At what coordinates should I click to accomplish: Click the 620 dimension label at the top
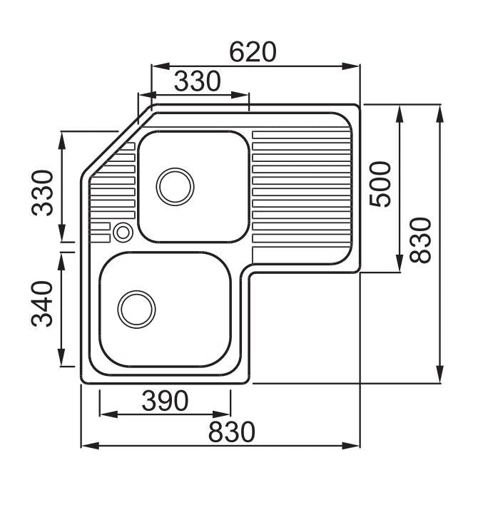tap(253, 52)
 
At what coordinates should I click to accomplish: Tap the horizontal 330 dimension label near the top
tap(197, 81)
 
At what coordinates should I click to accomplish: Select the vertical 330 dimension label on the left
tap(43, 193)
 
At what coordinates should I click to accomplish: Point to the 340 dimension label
tap(42, 303)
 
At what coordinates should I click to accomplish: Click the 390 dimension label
tap(165, 401)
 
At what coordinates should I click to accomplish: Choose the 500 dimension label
tap(380, 184)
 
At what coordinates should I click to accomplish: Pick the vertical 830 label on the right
tap(420, 240)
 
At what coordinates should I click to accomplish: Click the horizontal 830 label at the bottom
tap(232, 432)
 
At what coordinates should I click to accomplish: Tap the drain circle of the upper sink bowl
tap(175, 187)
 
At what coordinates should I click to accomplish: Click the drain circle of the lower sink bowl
tap(136, 310)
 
